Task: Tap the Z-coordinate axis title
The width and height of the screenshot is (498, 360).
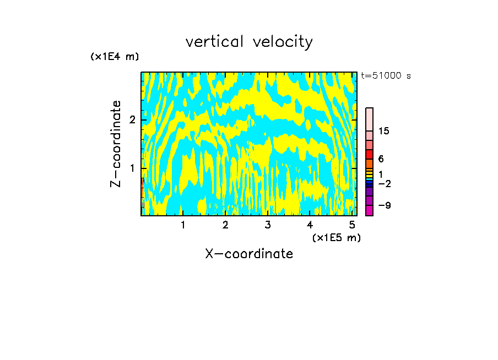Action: coord(116,144)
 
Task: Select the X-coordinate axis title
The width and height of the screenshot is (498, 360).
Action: coord(249,254)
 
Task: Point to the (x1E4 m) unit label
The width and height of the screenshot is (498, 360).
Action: coord(115,57)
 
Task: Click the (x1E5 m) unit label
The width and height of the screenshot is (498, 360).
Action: coord(336,237)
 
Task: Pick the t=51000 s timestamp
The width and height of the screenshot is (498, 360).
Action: coord(386,76)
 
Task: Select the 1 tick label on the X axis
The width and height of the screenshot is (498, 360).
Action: coord(183,225)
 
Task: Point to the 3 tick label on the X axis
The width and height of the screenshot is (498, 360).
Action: coord(268,225)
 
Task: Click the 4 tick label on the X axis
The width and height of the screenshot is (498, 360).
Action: coord(310,225)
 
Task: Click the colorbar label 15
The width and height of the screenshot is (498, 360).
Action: coord(384,131)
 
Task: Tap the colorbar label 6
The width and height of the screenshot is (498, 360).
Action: coord(381,159)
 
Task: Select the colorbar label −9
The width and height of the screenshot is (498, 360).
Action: coord(384,206)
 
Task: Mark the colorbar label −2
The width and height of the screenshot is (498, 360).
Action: coord(384,183)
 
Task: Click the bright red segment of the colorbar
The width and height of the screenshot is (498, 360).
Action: coord(369,154)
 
